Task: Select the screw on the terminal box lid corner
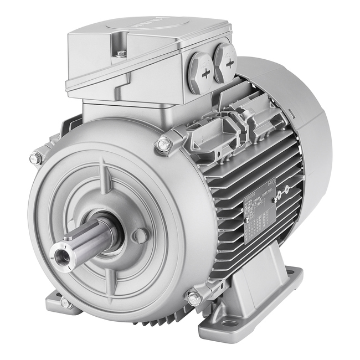point(121,54)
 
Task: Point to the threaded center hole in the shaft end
point(60,255)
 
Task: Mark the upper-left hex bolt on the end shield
point(36,159)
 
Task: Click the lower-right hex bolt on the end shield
point(194,299)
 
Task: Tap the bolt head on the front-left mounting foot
point(66,303)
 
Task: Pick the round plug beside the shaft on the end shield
point(140,235)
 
